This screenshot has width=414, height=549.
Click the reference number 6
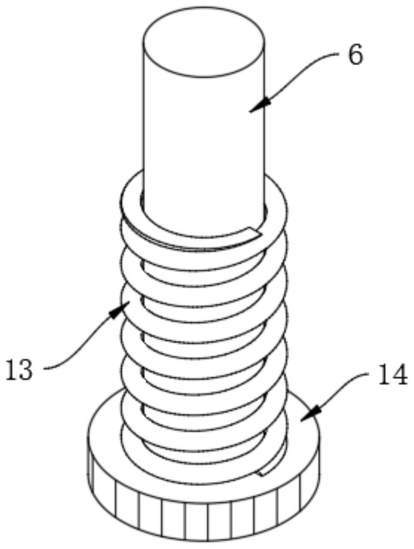coord(355,56)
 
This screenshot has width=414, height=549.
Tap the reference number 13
coord(19,370)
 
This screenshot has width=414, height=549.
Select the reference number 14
coord(392,375)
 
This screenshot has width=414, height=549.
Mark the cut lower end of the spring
coord(263,472)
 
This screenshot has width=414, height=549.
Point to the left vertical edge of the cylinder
coord(143,123)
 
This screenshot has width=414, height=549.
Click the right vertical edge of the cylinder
coord(265,123)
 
